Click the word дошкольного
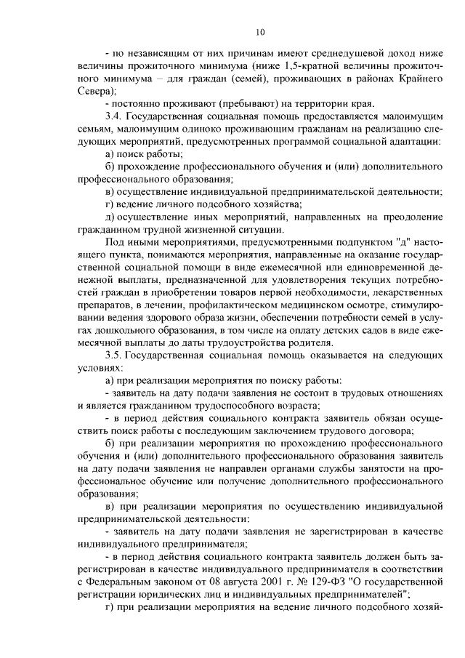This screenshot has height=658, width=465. tap(128, 330)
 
